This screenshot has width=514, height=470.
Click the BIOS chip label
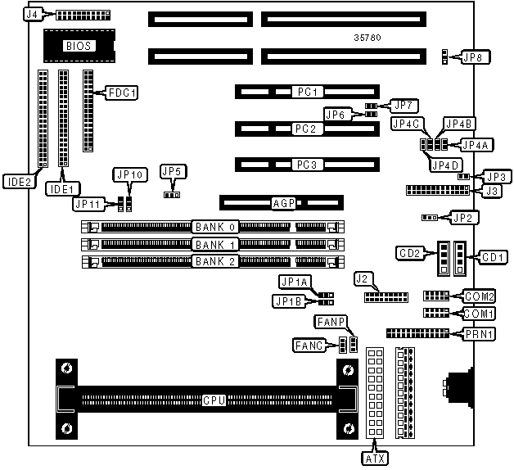coord(79,46)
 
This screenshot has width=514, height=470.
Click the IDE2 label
coord(17,182)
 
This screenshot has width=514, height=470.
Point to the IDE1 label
coord(61,188)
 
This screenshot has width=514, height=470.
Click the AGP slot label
coord(282,201)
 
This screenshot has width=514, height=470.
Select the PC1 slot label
coord(309,92)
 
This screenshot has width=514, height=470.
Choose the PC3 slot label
coord(309,165)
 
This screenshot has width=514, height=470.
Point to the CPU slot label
coord(214,400)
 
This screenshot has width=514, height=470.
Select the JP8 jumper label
coord(472,57)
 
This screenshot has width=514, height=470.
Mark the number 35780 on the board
coord(367,38)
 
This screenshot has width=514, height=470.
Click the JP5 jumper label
coord(173,171)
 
